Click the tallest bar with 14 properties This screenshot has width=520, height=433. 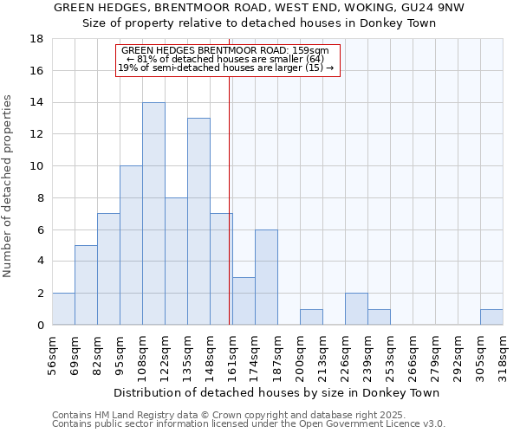tap(153, 214)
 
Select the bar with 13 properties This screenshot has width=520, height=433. tap(198, 222)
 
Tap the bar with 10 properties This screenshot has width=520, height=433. tap(131, 245)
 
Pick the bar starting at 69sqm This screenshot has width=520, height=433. tap(86, 285)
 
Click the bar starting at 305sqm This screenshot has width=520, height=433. tap(491, 317)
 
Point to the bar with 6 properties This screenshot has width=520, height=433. tap(266, 277)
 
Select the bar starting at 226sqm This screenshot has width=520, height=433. tap(356, 309)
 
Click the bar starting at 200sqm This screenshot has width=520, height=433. tap(311, 317)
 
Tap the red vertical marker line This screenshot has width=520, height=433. tap(229, 199)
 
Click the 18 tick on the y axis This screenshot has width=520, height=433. tap(37, 39)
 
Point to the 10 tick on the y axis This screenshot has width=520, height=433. tap(37, 166)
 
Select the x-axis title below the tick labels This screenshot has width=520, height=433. tap(276, 392)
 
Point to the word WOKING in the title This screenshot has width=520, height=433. tap(312, 8)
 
